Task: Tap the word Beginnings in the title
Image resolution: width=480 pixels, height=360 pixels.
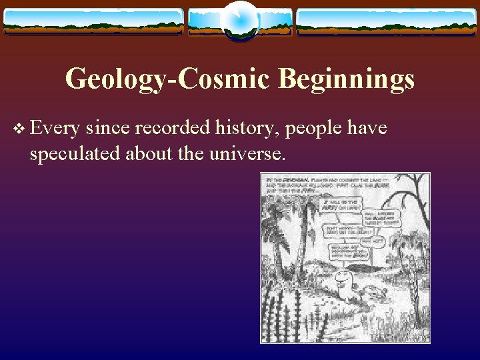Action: click(346, 80)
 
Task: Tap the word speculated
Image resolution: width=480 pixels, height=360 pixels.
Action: click(73, 155)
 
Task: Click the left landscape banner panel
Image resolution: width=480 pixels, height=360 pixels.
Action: click(93, 21)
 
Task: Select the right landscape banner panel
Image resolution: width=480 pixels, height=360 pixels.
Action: click(386, 21)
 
